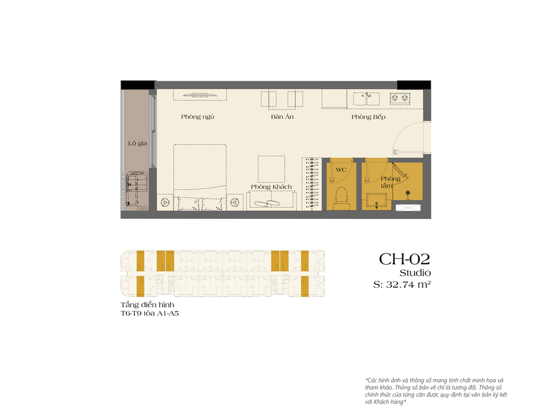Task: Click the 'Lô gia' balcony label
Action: point(137,143)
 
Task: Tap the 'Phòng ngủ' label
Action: point(198,117)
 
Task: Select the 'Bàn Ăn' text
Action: point(282,117)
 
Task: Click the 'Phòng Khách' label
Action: point(271,186)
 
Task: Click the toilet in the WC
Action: point(340,196)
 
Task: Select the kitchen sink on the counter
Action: point(367,98)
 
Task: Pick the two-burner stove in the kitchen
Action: point(399,98)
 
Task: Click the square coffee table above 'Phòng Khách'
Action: point(272,167)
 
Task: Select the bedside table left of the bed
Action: point(165,203)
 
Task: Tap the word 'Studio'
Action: point(415,272)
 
